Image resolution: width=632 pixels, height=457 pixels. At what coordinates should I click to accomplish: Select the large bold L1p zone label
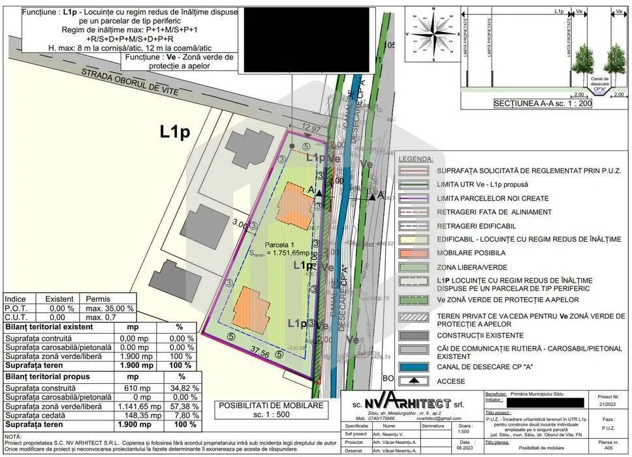(175, 132)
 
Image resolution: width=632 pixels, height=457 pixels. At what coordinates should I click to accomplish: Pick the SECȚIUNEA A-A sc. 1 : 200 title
(543, 103)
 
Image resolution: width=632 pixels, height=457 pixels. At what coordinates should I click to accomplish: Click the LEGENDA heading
(416, 159)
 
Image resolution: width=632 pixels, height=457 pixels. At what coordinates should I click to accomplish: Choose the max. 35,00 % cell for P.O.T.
(110, 308)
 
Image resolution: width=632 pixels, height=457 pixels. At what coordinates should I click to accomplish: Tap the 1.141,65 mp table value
(133, 406)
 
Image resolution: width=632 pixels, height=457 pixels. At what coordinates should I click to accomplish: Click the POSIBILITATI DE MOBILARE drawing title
(270, 405)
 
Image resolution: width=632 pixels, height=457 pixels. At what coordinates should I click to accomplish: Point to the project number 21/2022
(607, 404)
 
